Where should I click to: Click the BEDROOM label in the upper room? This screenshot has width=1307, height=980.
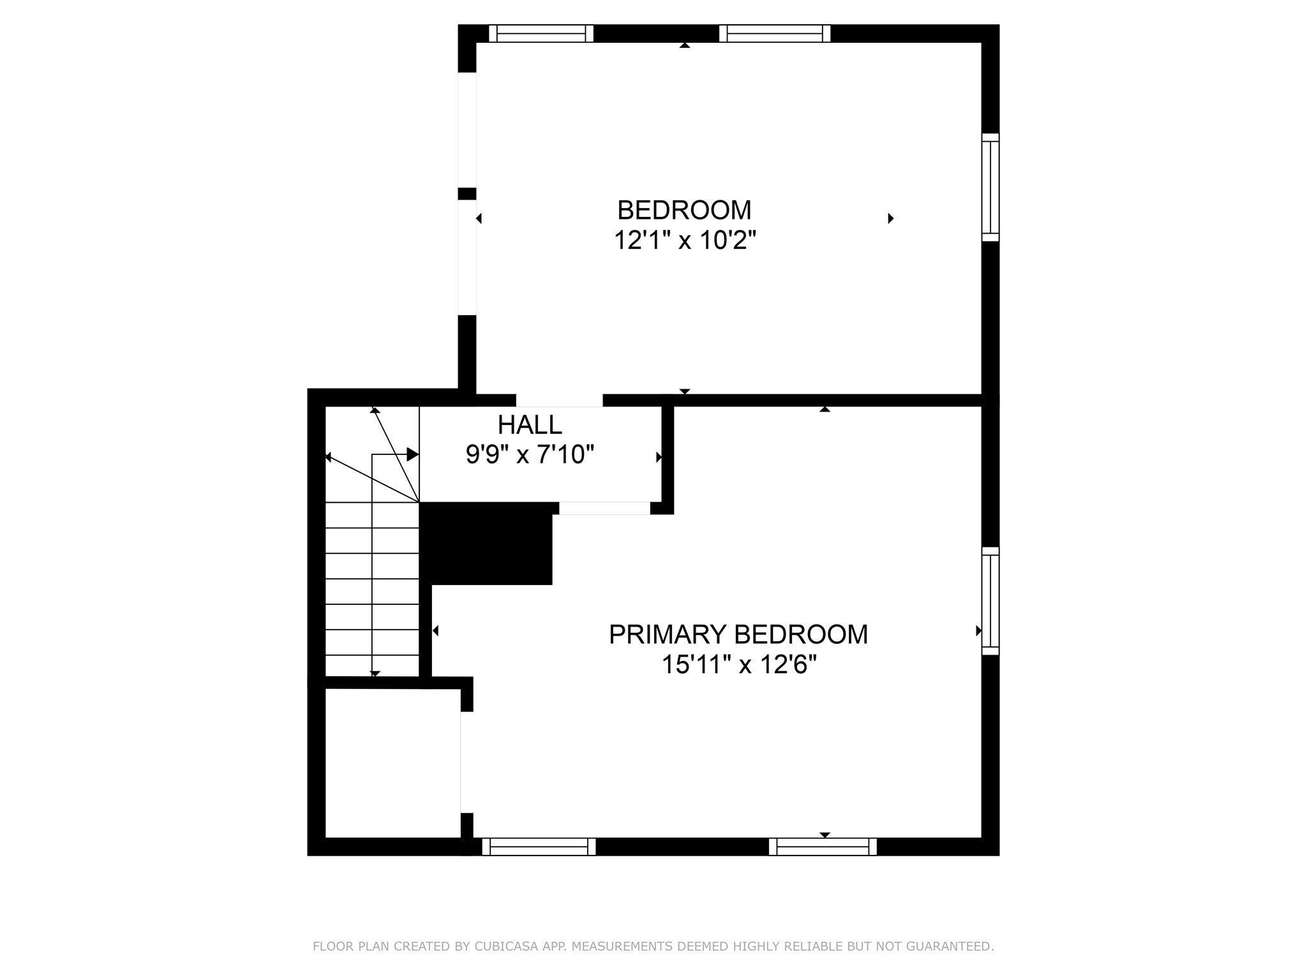point(684,210)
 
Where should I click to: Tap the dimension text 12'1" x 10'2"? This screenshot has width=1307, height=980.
point(685,241)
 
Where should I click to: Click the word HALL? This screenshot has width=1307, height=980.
point(530,424)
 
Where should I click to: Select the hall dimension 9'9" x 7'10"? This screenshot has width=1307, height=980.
point(530,455)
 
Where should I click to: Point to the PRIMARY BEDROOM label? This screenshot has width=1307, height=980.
point(738,634)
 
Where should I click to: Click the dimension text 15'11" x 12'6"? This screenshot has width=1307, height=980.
point(739,665)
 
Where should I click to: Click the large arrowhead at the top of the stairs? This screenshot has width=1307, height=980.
point(413,454)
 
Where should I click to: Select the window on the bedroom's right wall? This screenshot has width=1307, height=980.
point(990,188)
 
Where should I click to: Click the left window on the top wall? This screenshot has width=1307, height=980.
point(541,33)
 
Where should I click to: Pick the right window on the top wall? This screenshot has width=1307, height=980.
point(775,33)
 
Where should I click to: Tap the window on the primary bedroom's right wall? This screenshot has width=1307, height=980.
point(990,600)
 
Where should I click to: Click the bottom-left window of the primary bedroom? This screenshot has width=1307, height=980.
point(539,847)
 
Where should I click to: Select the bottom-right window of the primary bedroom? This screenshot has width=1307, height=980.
point(823,847)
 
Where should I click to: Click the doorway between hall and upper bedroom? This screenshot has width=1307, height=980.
point(560,400)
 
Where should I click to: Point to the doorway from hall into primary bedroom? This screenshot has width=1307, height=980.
point(604,508)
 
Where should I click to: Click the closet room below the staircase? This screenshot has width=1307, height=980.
point(393,763)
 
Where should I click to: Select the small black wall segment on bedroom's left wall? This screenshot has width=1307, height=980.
point(467,194)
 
